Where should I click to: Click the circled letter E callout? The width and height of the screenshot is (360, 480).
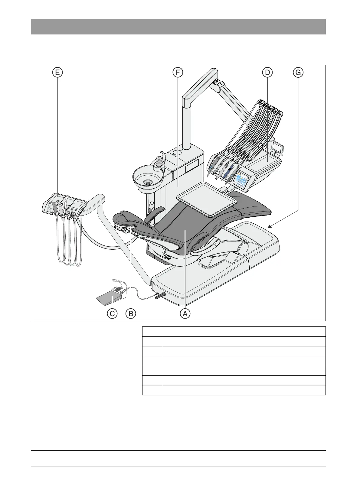pyautogui.click(x=57, y=73)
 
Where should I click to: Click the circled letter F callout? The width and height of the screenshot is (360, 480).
pyautogui.click(x=178, y=73)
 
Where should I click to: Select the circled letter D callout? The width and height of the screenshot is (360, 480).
pyautogui.click(x=267, y=73)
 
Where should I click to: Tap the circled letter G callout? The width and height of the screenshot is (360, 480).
pyautogui.click(x=298, y=73)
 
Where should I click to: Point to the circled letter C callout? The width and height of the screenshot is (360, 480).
pyautogui.click(x=112, y=313)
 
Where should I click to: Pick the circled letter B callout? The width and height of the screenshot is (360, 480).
pyautogui.click(x=131, y=313)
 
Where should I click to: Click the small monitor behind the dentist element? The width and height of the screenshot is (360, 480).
pyautogui.click(x=277, y=148)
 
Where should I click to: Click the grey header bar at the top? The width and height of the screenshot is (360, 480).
pyautogui.click(x=178, y=27)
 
